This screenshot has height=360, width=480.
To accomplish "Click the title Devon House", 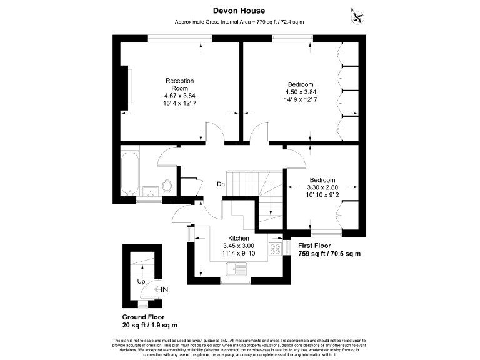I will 239,11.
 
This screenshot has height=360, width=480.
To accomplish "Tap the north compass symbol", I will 358,16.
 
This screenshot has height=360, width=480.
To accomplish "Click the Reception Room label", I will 179,84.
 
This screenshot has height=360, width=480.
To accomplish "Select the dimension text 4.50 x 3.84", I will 301,91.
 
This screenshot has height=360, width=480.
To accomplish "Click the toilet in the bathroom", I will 167,186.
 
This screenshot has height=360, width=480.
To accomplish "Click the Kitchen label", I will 239,239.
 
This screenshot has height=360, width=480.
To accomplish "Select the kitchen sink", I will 238,269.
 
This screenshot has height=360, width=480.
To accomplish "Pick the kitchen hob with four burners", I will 275,249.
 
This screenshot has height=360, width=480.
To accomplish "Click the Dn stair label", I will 221,184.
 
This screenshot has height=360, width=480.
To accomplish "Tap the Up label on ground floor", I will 141,282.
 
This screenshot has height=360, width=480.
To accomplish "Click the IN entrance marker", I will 164,289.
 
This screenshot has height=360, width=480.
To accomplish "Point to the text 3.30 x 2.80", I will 322,187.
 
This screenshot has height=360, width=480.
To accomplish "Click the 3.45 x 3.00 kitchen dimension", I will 239,246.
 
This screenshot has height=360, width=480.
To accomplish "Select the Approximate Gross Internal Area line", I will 239,22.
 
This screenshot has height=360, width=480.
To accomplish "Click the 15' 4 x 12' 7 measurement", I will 180,103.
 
